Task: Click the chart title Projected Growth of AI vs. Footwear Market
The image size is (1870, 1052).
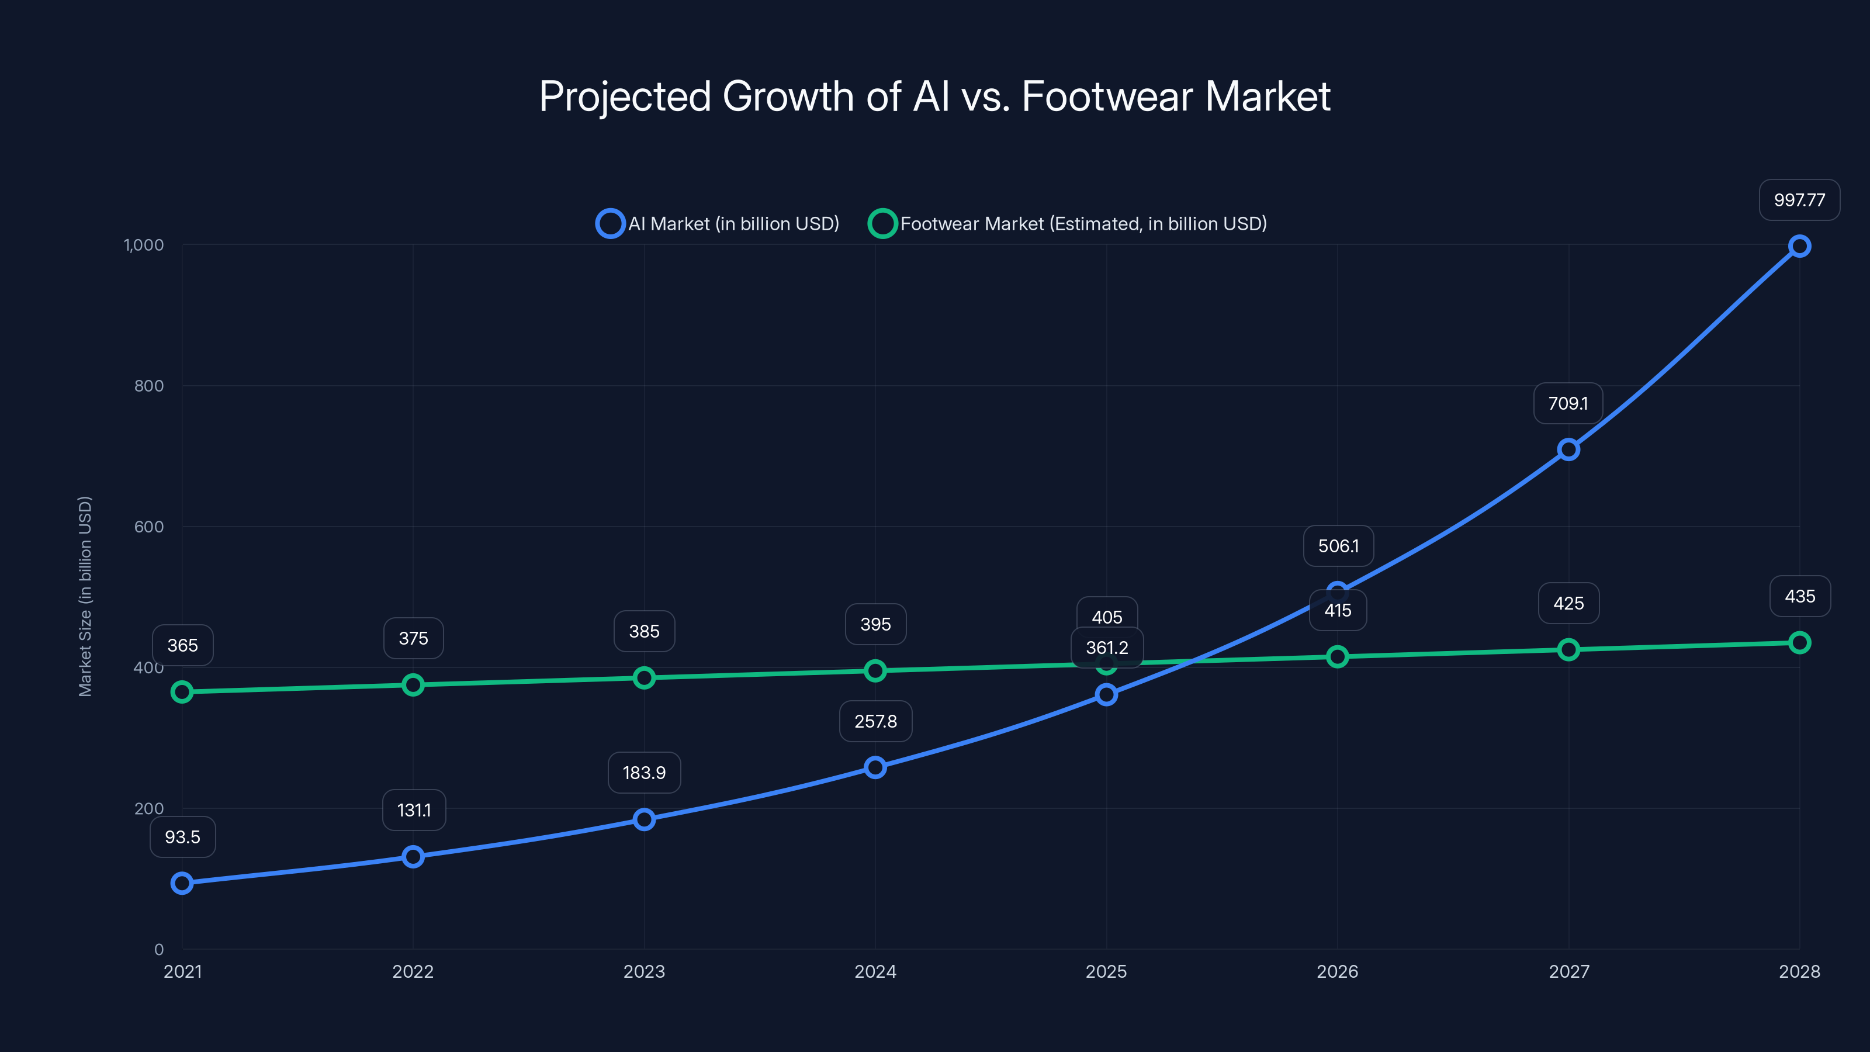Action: pyautogui.click(x=934, y=96)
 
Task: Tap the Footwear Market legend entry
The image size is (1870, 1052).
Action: pyautogui.click(x=1067, y=224)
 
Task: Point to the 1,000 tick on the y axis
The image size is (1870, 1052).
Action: pyautogui.click(x=144, y=245)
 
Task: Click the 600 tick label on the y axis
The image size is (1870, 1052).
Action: pyautogui.click(x=149, y=527)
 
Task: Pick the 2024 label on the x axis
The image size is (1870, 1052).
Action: pyautogui.click(x=875, y=971)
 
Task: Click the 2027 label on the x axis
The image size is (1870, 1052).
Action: pyautogui.click(x=1568, y=971)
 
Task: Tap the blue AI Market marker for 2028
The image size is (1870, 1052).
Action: pyautogui.click(x=1799, y=246)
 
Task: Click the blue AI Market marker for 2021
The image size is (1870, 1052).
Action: pyautogui.click(x=182, y=883)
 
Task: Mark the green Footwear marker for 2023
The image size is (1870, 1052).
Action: pyautogui.click(x=644, y=678)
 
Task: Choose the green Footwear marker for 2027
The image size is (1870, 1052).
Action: pyautogui.click(x=1568, y=650)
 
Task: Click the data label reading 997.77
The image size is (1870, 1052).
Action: pyautogui.click(x=1799, y=200)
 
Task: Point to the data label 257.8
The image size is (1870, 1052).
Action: pyautogui.click(x=875, y=722)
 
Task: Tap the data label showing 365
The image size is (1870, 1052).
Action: pyautogui.click(x=182, y=645)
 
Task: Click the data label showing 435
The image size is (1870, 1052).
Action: pyautogui.click(x=1800, y=597)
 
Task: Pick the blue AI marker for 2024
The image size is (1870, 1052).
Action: pyautogui.click(x=875, y=767)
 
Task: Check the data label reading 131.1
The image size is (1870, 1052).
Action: pyautogui.click(x=414, y=810)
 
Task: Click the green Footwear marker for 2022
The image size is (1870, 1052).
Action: pyautogui.click(x=413, y=684)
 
